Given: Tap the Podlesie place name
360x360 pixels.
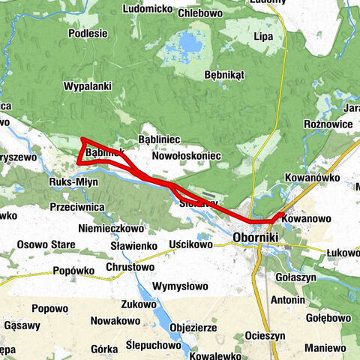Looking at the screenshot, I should pos(88,33).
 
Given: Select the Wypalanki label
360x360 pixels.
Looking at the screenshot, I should pos(87,86).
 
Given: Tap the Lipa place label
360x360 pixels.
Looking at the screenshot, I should pos(263,36).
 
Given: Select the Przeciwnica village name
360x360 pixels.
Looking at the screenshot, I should pos(74,206).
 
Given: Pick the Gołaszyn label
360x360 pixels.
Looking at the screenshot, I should pos(310,277).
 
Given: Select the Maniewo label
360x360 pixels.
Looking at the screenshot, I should pos(325,348).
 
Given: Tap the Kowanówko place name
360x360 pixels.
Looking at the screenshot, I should pos(313,178).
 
